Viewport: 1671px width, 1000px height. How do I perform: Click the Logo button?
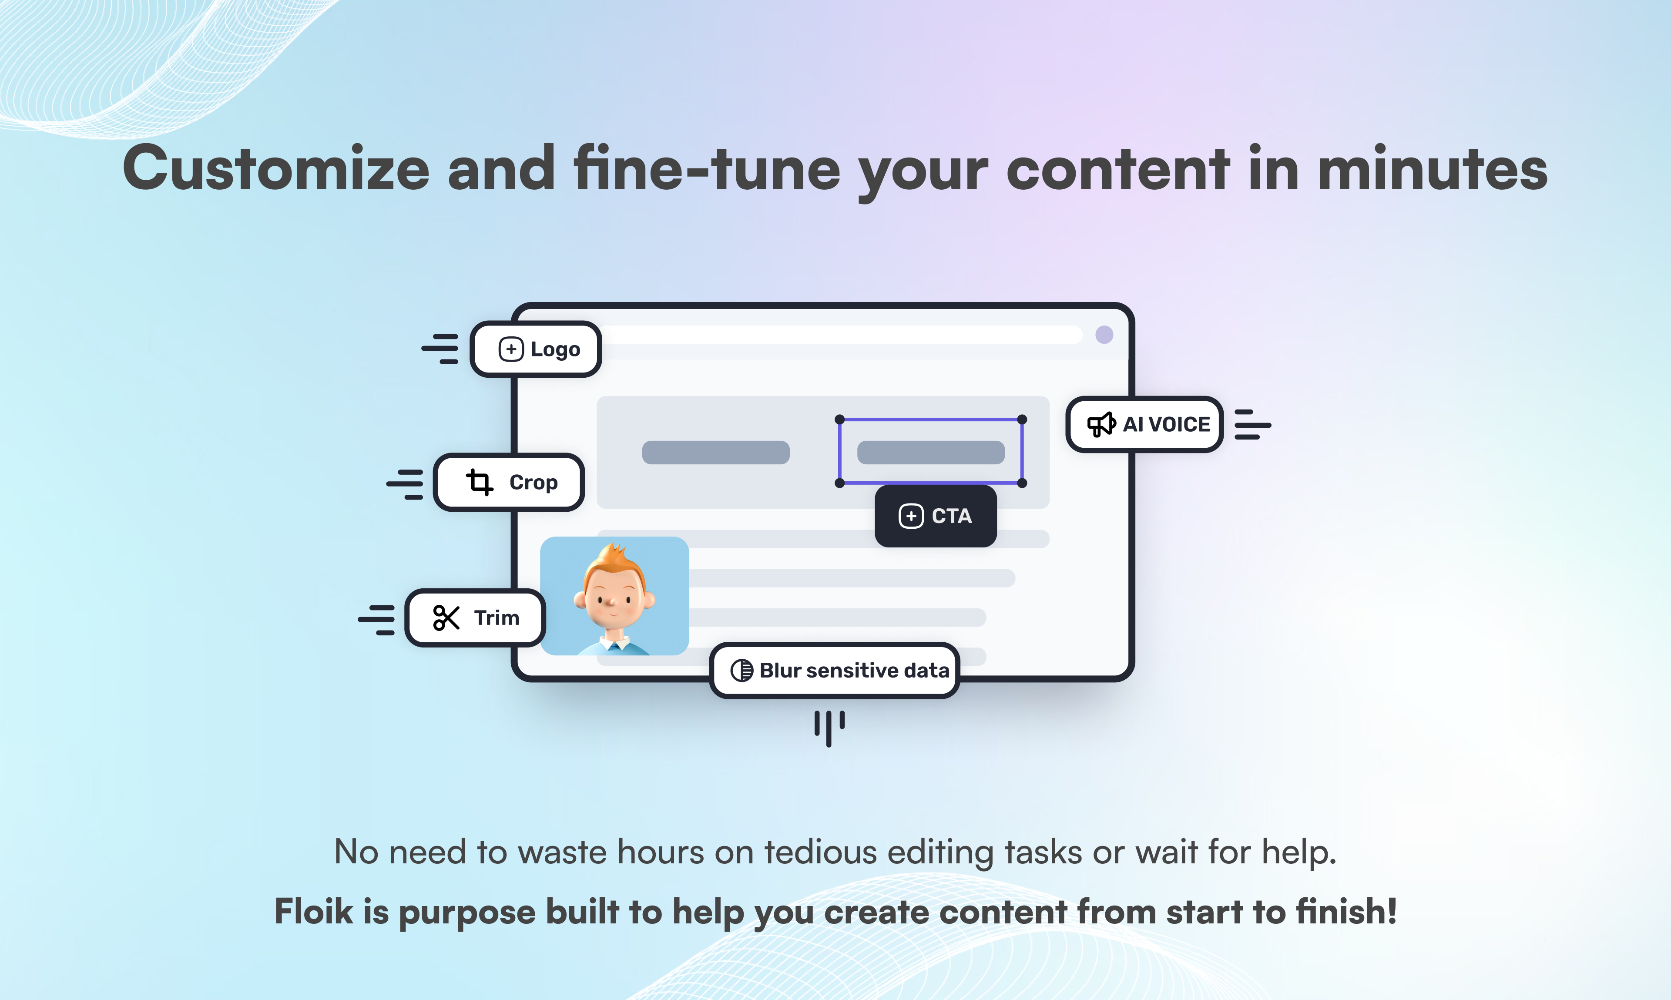pos(536,349)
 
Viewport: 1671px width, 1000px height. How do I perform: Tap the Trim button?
pos(475,618)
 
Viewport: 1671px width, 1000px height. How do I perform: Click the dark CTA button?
pos(935,516)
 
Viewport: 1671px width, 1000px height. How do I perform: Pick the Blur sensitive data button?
pos(835,671)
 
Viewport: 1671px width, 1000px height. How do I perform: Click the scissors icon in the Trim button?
pos(446,618)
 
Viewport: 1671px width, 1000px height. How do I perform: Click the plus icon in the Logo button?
pos(511,349)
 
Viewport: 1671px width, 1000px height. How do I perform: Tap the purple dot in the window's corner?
pos(1104,335)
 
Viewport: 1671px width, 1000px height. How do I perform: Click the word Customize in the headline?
pos(276,168)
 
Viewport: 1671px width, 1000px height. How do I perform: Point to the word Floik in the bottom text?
pos(313,912)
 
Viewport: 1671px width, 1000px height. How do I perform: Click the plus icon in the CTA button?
pos(911,516)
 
